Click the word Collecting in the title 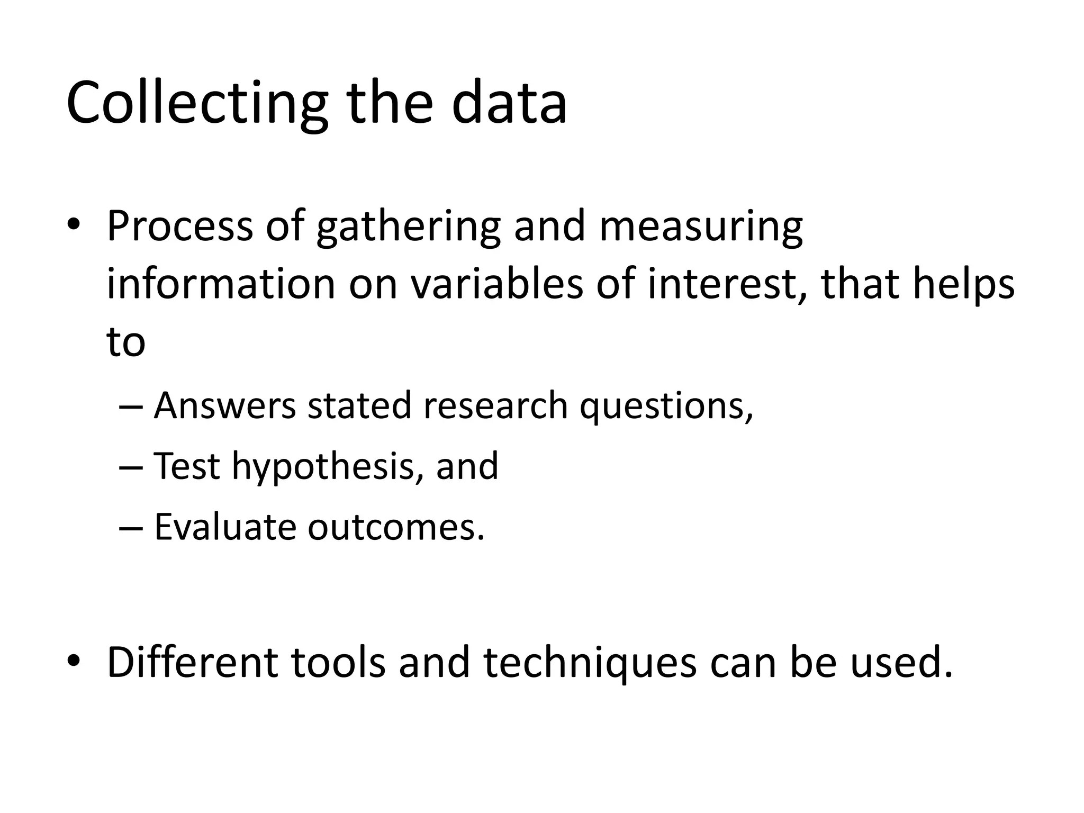click(196, 103)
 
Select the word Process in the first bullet click(179, 227)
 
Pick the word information click(221, 284)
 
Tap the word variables click(496, 284)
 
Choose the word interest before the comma click(726, 284)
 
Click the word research click(495, 406)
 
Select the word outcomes click(396, 528)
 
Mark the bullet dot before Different click(74, 661)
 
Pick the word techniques click(590, 663)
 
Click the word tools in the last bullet click(338, 663)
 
